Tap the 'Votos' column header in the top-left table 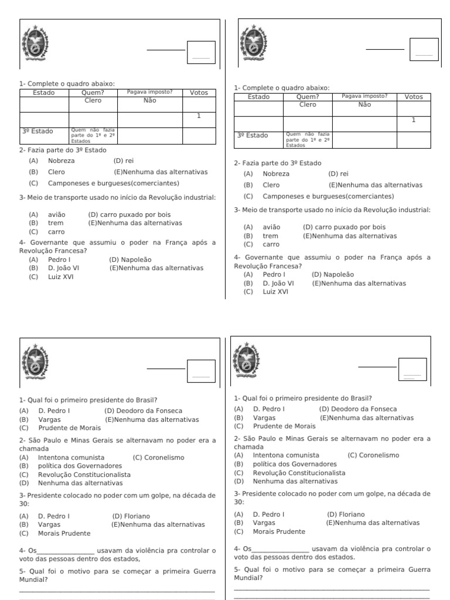pos(199,93)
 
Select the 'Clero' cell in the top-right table pos(308,105)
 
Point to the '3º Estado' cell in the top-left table pos(37,131)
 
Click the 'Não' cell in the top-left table pos(149,101)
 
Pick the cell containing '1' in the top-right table pos(413,120)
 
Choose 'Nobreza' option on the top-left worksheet pos(62,161)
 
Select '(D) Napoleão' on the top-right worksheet pos(333,274)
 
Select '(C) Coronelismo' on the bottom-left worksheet pos(158,457)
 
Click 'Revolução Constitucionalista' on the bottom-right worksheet pos(299,472)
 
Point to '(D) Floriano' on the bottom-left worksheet pos(131,516)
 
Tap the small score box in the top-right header pos(424,50)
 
